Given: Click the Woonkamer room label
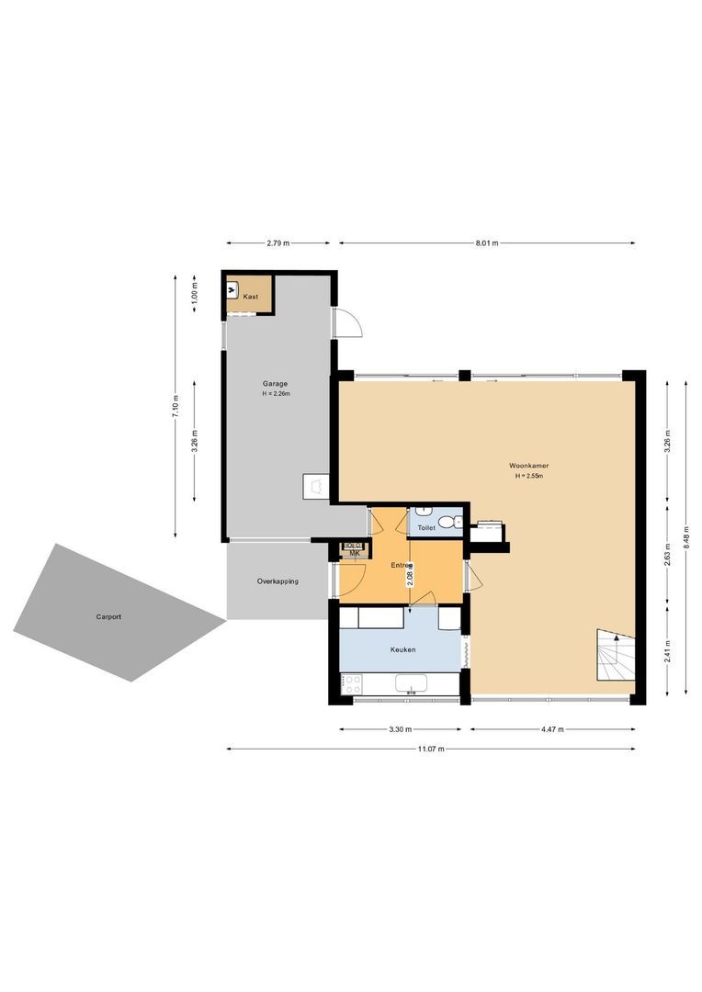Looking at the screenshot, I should point(528,465).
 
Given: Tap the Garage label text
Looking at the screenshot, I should point(276,384).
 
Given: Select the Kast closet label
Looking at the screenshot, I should point(251,296).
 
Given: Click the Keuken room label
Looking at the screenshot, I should point(402,649).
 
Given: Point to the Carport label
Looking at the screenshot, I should point(108,616).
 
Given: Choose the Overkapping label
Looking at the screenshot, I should point(277,581).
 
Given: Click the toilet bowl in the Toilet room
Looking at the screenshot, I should point(447,523).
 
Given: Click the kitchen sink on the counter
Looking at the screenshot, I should point(411,683).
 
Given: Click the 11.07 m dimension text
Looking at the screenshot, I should point(430,750).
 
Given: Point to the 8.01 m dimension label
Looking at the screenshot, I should point(486,243).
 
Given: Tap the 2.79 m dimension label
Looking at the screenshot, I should point(277,243).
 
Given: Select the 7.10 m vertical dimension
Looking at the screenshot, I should point(175,404).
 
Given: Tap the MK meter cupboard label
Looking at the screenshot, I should point(354,553).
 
